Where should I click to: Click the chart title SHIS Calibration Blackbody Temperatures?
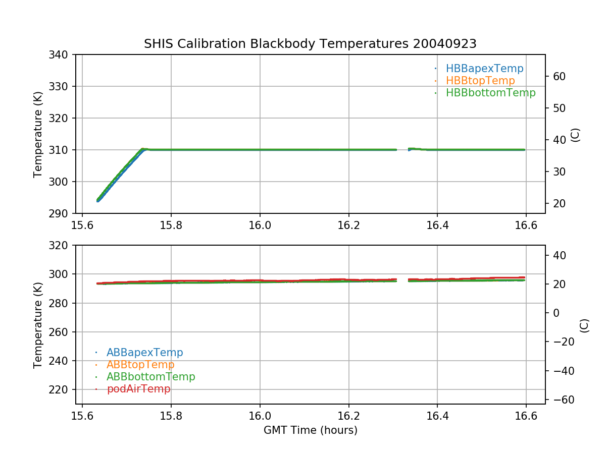pos(310,44)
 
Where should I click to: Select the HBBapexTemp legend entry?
pos(484,69)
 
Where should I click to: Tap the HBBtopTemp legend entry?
pos(480,81)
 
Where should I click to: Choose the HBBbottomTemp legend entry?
pos(490,93)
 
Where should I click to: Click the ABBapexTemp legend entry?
pos(144,353)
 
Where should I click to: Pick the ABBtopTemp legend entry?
pos(140,365)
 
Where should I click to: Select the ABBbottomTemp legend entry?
pos(150,377)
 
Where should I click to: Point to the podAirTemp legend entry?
pos(138,389)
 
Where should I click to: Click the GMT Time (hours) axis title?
pos(310,430)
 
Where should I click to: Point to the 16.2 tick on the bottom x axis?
pos(348,416)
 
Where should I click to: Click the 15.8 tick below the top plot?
pos(171,225)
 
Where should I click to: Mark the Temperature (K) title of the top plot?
pos(38,134)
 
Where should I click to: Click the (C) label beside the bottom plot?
pos(584,325)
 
